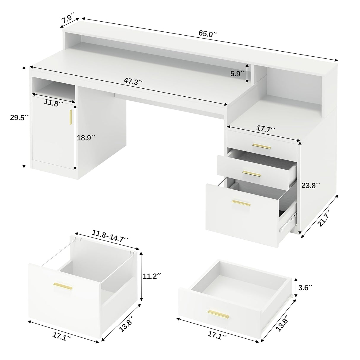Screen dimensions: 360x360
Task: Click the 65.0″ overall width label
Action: click(x=208, y=34)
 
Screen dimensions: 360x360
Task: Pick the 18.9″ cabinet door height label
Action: click(x=86, y=138)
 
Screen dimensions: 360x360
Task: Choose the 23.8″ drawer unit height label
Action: click(x=311, y=186)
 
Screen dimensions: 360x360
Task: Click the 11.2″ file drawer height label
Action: click(x=152, y=276)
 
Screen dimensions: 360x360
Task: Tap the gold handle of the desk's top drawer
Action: click(x=262, y=146)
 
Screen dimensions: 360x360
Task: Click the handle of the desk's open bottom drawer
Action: click(x=241, y=203)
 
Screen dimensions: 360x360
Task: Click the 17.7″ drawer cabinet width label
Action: click(x=266, y=129)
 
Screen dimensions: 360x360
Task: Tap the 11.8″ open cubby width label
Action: click(x=54, y=103)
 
